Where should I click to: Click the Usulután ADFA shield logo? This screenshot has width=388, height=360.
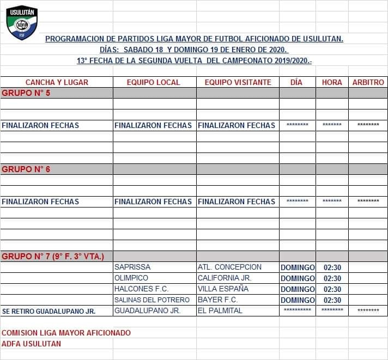22,22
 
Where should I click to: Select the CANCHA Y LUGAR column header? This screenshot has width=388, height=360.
57,82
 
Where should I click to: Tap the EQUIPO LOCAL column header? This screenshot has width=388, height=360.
153,82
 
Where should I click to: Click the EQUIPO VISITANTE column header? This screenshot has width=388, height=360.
238,82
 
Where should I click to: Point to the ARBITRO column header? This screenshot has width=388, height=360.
368,82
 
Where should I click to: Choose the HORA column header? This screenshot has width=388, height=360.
332,82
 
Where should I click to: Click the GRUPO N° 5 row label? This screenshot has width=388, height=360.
26,93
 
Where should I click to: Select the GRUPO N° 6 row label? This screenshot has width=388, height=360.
26,169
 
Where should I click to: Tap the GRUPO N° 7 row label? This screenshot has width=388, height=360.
53,257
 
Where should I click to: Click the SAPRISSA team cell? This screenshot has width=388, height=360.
132,267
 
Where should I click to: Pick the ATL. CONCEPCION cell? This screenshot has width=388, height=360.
229,267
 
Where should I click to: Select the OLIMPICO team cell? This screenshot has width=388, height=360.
131,278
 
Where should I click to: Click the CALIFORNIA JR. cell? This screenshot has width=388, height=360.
225,278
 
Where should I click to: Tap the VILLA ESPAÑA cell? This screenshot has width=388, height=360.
223,289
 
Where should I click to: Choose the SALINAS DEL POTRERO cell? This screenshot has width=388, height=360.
152,300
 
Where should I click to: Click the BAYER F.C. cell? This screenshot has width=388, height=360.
218,300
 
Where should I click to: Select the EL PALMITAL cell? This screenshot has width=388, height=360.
220,311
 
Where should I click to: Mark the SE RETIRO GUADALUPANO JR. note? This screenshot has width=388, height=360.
49,311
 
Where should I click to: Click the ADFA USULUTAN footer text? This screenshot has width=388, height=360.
32,344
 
